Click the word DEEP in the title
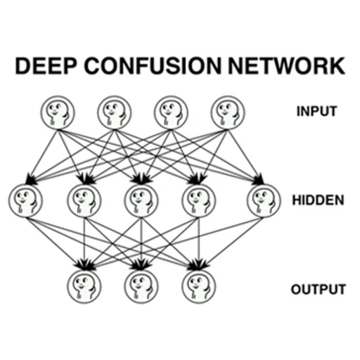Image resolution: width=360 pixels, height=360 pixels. [46, 66]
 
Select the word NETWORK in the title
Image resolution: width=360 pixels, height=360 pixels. [286, 66]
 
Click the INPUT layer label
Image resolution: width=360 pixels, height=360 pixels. [316, 111]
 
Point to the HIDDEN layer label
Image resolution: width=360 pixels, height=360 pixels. [318, 200]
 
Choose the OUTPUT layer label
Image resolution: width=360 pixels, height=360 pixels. [319, 289]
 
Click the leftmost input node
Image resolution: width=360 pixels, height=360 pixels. [58, 112]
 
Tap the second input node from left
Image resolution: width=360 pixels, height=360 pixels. [115, 112]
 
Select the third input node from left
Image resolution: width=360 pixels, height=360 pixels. [171, 112]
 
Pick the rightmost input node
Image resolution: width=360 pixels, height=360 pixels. [228, 112]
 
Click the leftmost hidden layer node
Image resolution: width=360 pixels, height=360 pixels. [25, 201]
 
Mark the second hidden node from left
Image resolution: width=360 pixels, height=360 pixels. [84, 201]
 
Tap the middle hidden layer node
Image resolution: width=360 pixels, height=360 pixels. [141, 201]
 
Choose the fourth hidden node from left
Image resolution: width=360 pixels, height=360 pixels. [198, 201]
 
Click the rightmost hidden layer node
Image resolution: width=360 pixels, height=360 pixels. [264, 201]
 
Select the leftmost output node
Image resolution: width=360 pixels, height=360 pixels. [84, 287]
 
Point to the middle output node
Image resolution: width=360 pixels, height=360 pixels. [141, 287]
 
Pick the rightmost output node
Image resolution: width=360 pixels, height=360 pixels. [198, 287]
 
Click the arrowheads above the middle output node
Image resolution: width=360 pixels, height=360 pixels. [141, 264]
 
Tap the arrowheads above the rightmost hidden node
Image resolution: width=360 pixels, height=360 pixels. [259, 179]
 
